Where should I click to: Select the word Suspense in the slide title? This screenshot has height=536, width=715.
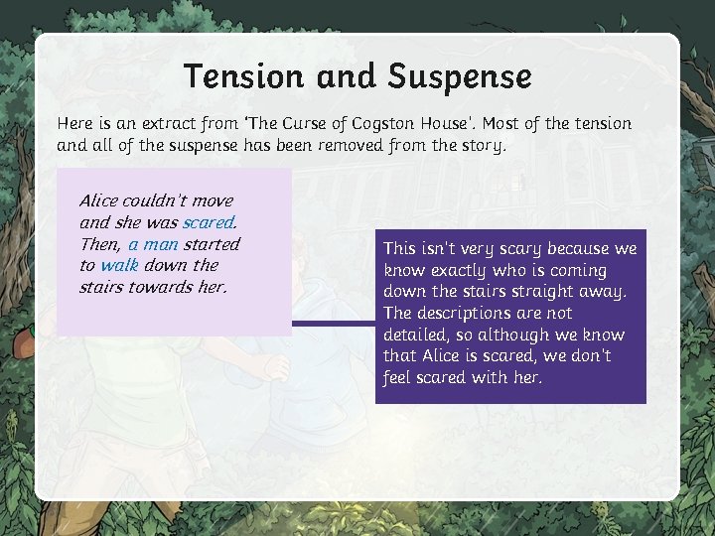click(x=460, y=76)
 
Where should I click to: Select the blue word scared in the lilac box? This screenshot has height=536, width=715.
click(x=208, y=222)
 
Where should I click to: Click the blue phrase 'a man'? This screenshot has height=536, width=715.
click(x=153, y=244)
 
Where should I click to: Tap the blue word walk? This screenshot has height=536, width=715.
click(x=119, y=265)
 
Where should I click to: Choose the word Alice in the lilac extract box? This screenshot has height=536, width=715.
click(x=98, y=201)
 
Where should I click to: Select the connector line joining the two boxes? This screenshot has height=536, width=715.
click(x=333, y=324)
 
